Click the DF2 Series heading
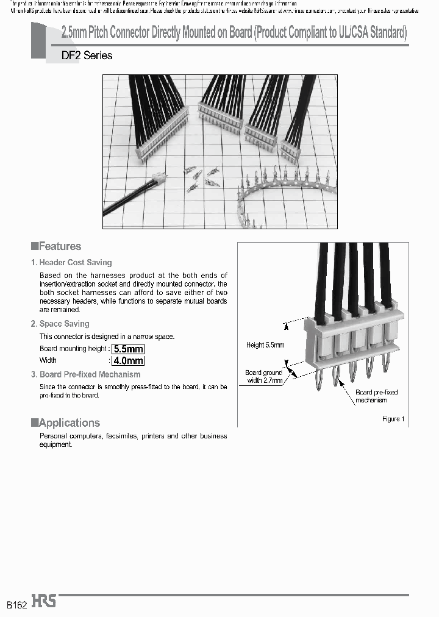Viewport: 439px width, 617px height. pyautogui.click(x=87, y=55)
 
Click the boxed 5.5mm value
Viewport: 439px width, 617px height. pyautogui.click(x=127, y=349)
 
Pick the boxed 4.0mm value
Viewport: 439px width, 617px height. pyautogui.click(x=127, y=360)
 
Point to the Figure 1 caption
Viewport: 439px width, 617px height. pyautogui.click(x=391, y=419)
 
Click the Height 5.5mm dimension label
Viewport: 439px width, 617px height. pyautogui.click(x=265, y=345)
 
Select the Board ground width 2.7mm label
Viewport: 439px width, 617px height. pyautogui.click(x=264, y=376)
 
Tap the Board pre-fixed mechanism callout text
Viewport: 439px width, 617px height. pyautogui.click(x=376, y=396)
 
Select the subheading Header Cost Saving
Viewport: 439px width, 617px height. pyautogui.click(x=75, y=263)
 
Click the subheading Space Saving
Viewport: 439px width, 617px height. pyautogui.click(x=64, y=324)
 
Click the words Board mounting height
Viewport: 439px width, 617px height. pyautogui.click(x=73, y=349)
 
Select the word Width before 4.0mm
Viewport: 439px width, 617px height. pyautogui.click(x=48, y=360)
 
